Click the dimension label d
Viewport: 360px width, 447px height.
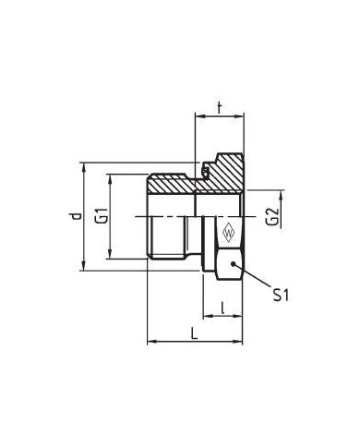76,216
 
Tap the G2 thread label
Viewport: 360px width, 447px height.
272,217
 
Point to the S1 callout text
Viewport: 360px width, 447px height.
281,295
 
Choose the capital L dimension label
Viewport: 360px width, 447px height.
194,333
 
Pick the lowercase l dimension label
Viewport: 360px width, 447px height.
222,308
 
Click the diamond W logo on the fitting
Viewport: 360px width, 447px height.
228,234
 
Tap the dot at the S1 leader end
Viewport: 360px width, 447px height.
233,264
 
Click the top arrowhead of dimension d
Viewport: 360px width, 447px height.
84,167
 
